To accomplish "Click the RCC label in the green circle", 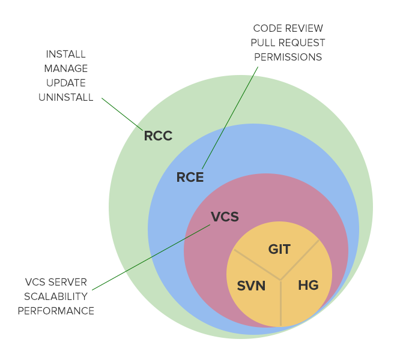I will (x=158, y=136).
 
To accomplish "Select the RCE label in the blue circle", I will (x=190, y=177).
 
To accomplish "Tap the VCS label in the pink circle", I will (x=225, y=217).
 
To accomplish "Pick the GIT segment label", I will (x=279, y=249).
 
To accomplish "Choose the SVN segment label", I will (x=251, y=286).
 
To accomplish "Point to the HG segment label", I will (x=308, y=286).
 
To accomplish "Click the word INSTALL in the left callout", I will (x=65, y=54).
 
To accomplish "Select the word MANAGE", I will (x=65, y=68).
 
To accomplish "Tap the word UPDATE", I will (x=65, y=83).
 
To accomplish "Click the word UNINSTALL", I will (x=65, y=97).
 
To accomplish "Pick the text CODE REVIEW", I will (x=288, y=28).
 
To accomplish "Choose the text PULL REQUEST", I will (x=288, y=43).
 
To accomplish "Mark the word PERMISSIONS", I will (x=288, y=57).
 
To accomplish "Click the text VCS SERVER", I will (x=56, y=282).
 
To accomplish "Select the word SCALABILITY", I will (x=56, y=296).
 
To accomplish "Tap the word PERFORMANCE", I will (x=56, y=311).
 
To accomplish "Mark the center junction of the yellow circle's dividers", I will (x=280, y=279).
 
